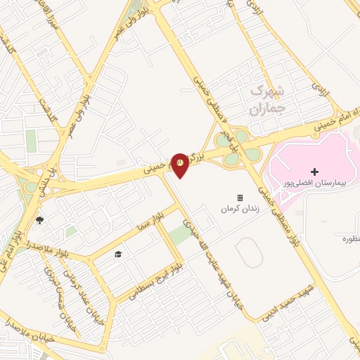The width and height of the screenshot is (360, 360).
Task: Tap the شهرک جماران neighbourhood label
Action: [266, 100]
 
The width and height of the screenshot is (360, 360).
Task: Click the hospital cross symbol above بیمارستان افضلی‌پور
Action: [314, 172]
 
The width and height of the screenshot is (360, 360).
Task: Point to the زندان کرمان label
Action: [236, 209]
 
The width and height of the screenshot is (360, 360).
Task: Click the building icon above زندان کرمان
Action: [240, 198]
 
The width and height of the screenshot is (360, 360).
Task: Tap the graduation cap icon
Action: [118, 253]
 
